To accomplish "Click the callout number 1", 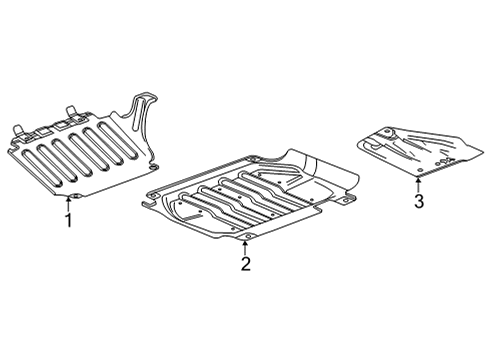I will (68, 220).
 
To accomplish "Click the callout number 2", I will (245, 264).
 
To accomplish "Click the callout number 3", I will (419, 202).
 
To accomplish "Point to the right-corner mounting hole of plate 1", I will (155, 161).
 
